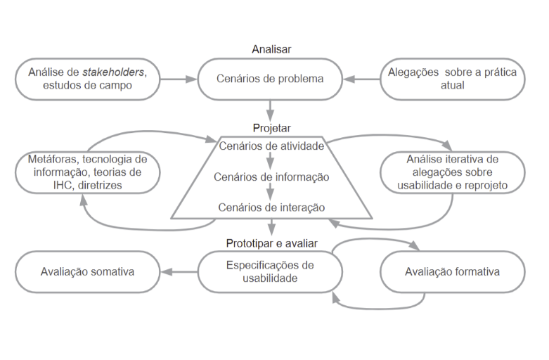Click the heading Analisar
pos(271,49)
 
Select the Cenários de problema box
pos(271,79)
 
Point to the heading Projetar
pos(271,128)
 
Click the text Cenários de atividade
pos(271,146)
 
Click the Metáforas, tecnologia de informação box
pos(87,171)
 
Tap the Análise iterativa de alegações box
pos(452,172)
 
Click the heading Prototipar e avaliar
pos(271,243)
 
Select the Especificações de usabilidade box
pos(271,271)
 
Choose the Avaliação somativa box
pos(87,271)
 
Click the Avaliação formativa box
pos(452,271)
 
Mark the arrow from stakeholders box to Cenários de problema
pos(179,79)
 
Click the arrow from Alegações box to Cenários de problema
pos(361,79)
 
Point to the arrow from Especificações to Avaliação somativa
pos(179,271)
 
